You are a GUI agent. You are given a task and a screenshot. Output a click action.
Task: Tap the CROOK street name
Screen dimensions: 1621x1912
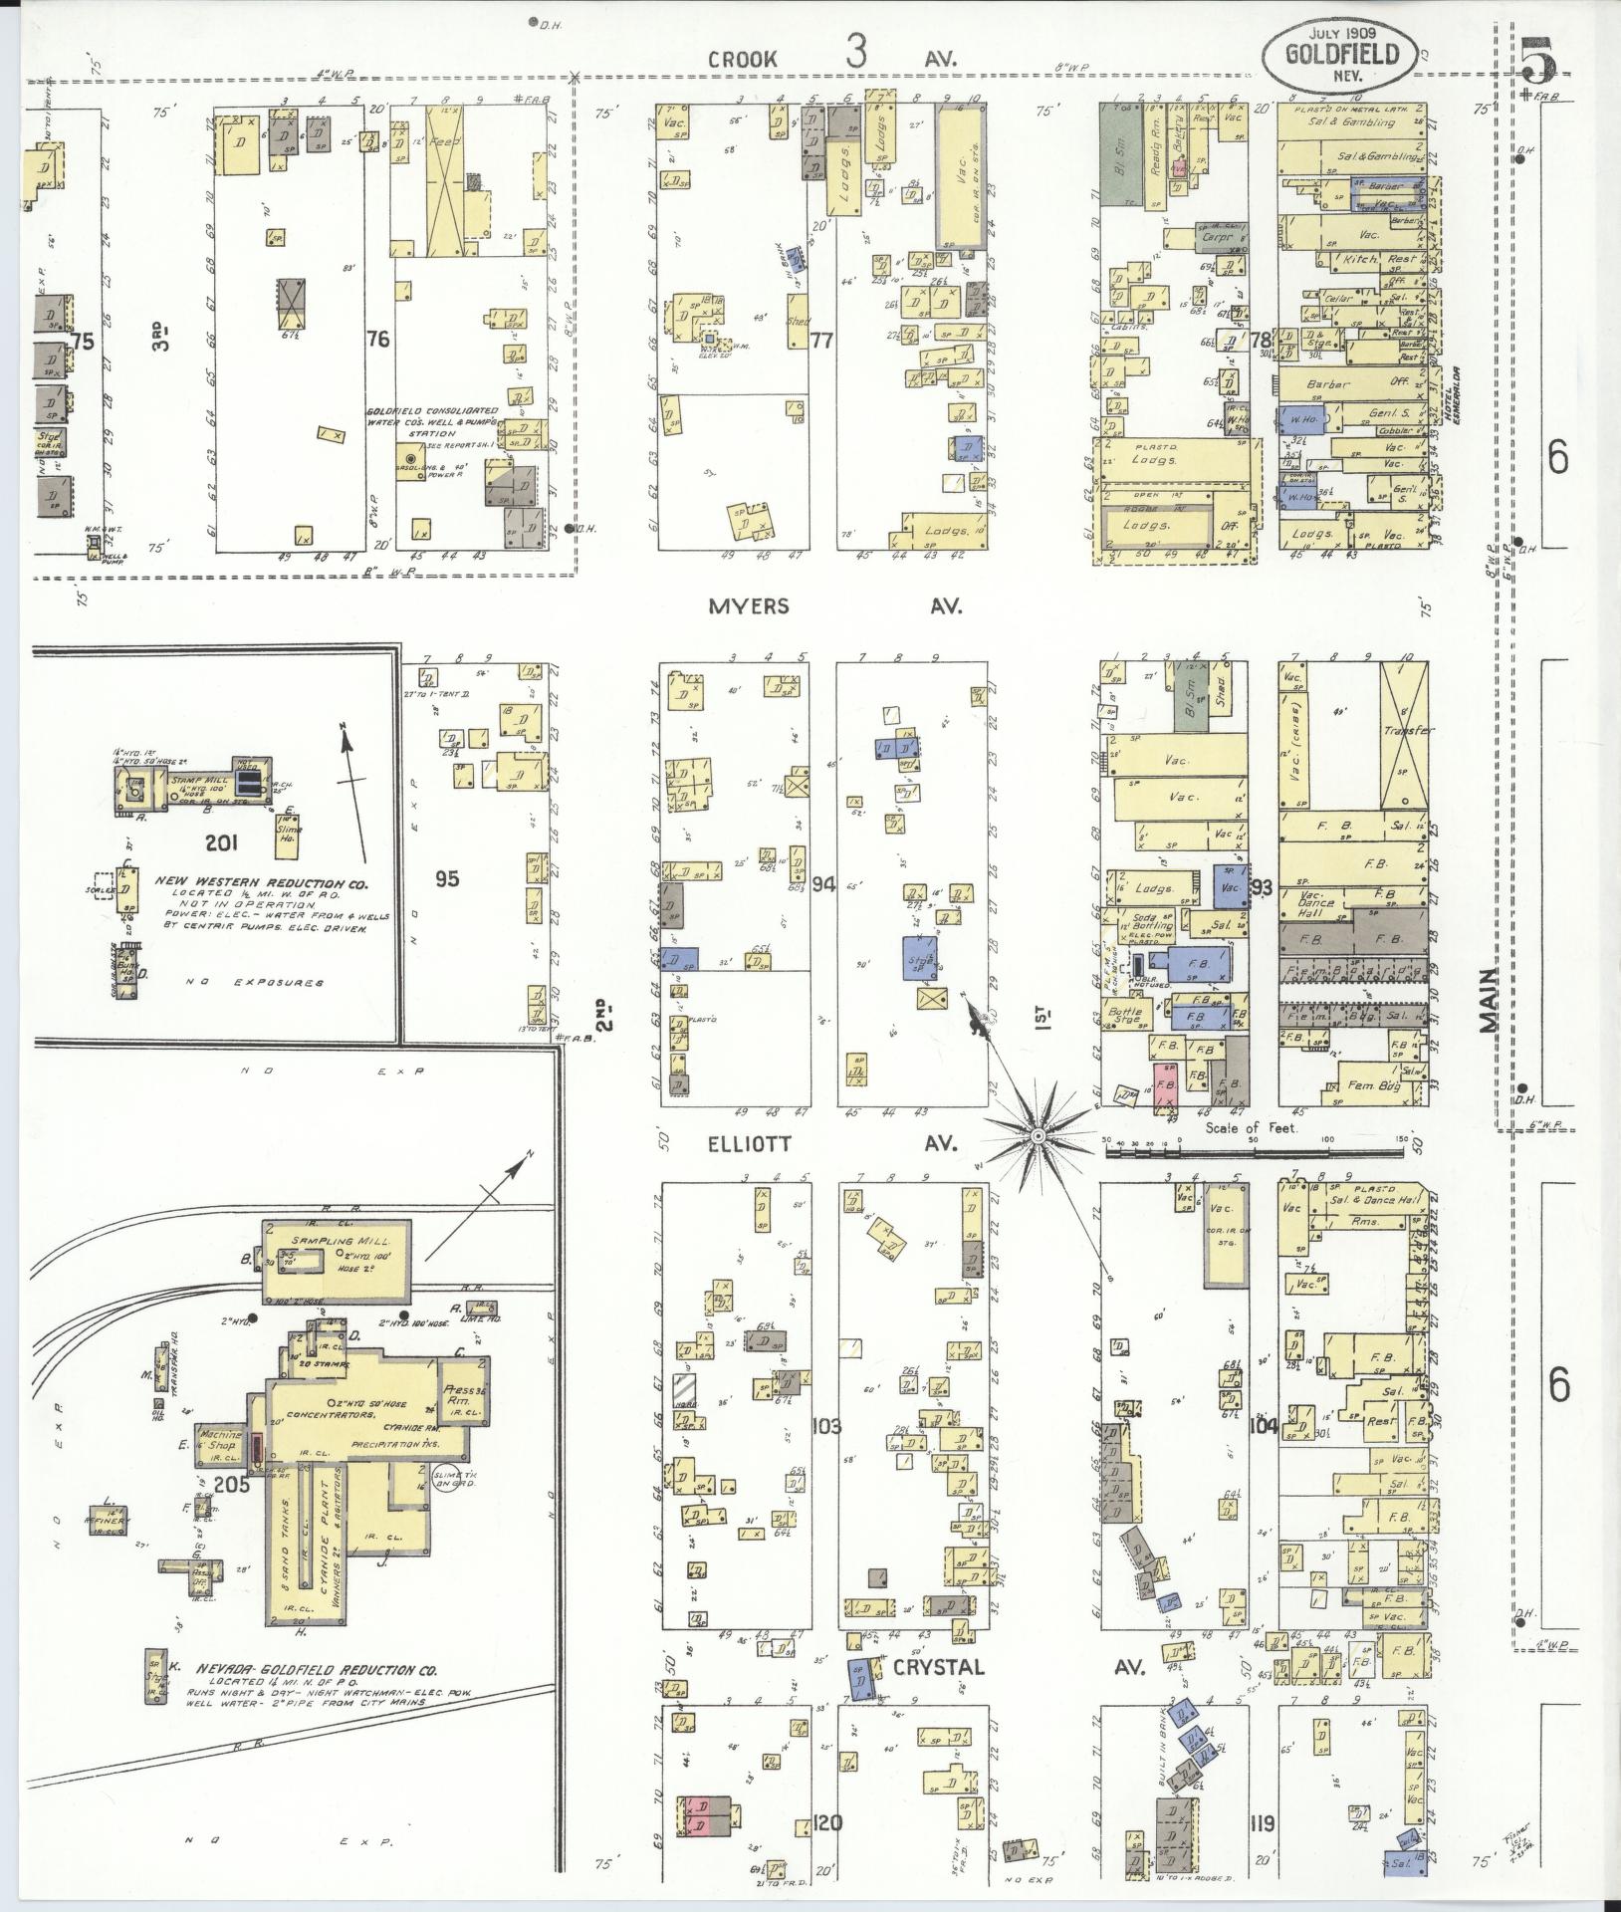742,60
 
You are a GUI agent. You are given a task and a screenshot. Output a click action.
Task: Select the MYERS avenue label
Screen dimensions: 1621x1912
749,605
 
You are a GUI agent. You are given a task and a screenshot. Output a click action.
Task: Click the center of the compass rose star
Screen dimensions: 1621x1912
1038,1134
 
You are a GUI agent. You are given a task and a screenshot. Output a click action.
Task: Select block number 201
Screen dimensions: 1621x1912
220,843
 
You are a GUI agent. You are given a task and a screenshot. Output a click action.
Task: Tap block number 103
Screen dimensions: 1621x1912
826,1426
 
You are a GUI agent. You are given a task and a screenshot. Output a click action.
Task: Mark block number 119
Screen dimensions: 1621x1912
1264,1824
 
